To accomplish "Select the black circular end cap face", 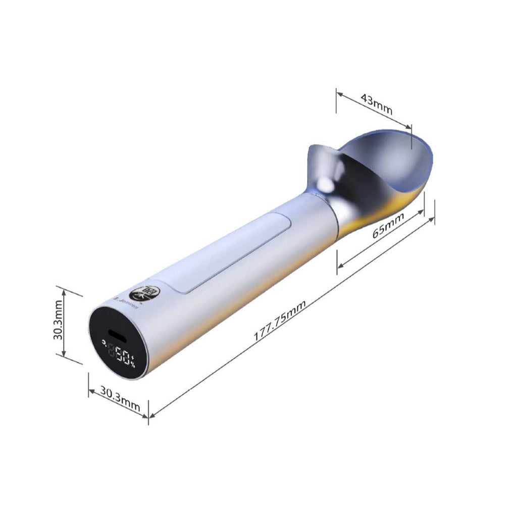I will tap(118, 343).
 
